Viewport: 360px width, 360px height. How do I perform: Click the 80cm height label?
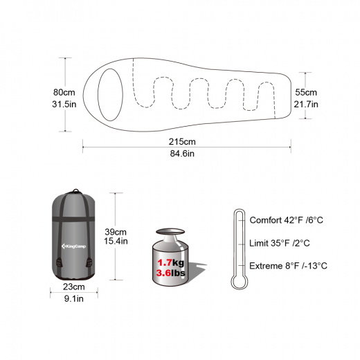(64, 92)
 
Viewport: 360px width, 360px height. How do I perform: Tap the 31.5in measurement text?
(64, 104)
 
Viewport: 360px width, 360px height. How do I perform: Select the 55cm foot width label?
(306, 92)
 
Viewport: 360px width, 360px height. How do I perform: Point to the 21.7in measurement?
(306, 104)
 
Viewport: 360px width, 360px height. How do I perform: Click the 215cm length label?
(182, 141)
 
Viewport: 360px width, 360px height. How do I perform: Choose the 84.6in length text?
(182, 154)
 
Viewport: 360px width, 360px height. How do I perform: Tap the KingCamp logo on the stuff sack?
(73, 246)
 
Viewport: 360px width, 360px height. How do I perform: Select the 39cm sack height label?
(116, 232)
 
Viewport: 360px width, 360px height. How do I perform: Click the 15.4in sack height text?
(116, 241)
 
